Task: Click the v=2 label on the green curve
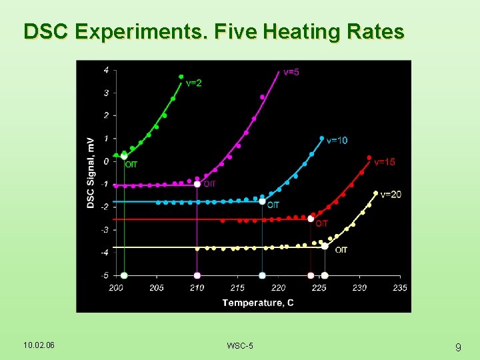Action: tap(194, 83)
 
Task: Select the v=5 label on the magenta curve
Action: tap(291, 72)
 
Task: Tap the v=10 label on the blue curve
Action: tap(337, 141)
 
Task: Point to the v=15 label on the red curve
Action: tap(384, 162)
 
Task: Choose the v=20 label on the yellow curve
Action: tap(391, 194)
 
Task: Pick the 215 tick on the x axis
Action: tap(237, 288)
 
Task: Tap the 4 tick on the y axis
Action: tap(107, 70)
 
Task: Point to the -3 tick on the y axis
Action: tap(105, 230)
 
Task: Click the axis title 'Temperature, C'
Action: tap(257, 303)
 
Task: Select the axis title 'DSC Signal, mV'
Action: tap(90, 173)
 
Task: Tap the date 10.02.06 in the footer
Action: tap(39, 345)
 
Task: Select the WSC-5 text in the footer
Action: tap(240, 345)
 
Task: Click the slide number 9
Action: tap(458, 347)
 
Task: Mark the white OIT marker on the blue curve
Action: tap(262, 201)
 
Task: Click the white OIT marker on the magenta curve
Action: tap(197, 184)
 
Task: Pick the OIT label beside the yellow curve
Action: tap(341, 250)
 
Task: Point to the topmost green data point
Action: tap(181, 77)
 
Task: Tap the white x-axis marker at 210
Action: tap(197, 275)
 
